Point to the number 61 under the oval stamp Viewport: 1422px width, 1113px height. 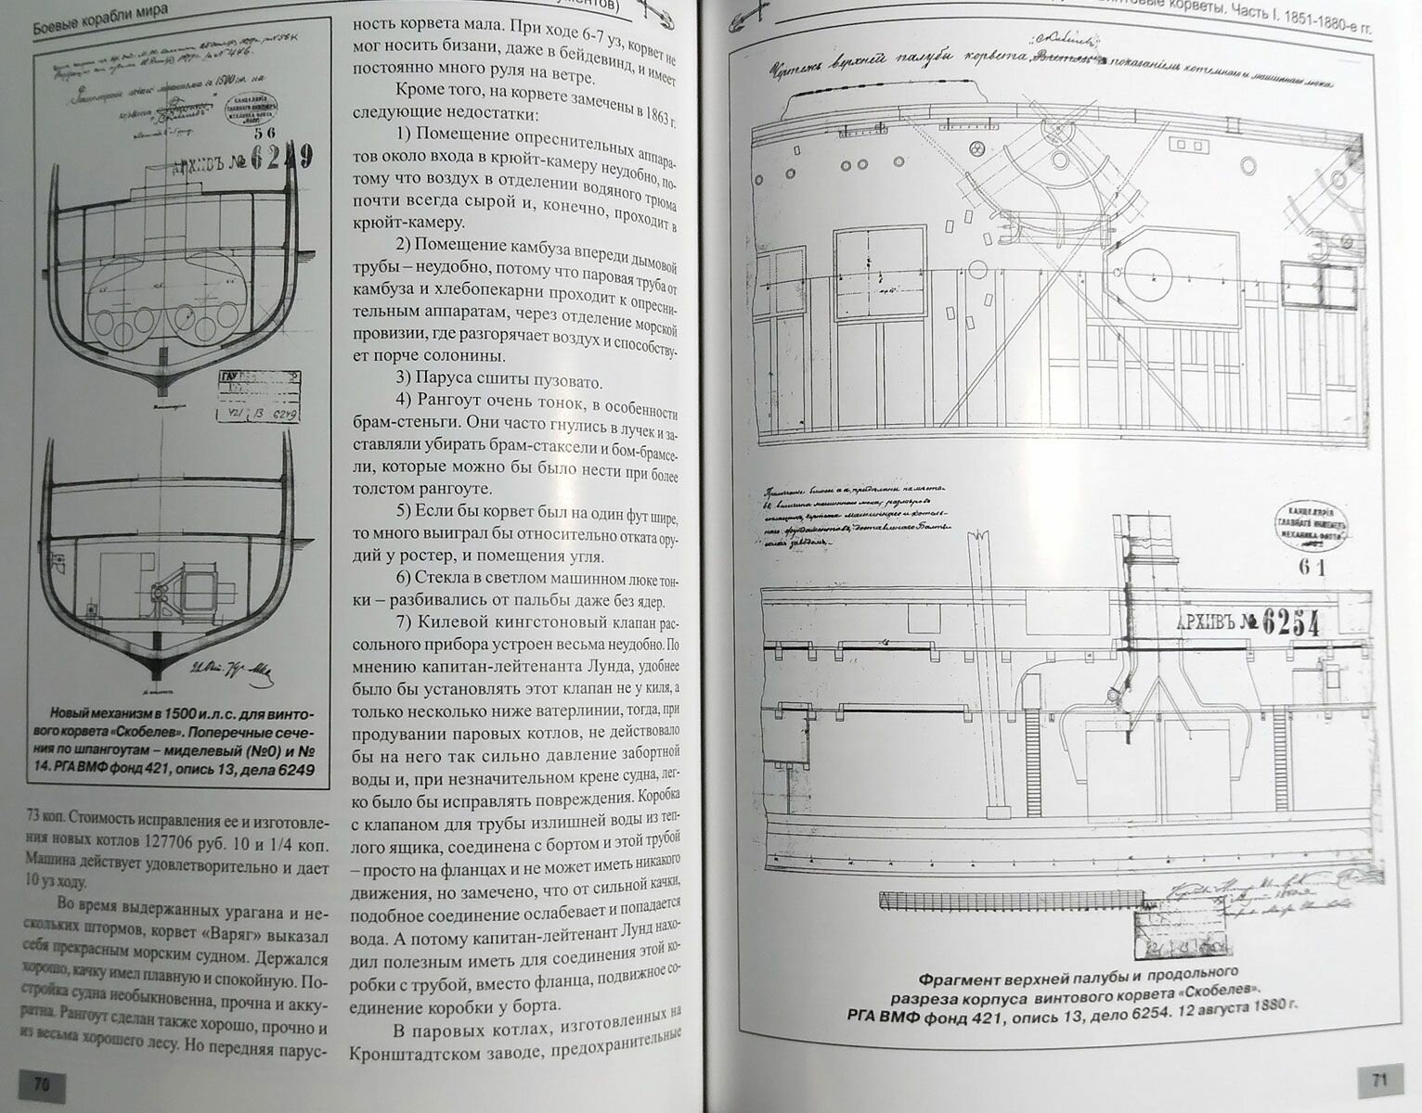[x=1312, y=569]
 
